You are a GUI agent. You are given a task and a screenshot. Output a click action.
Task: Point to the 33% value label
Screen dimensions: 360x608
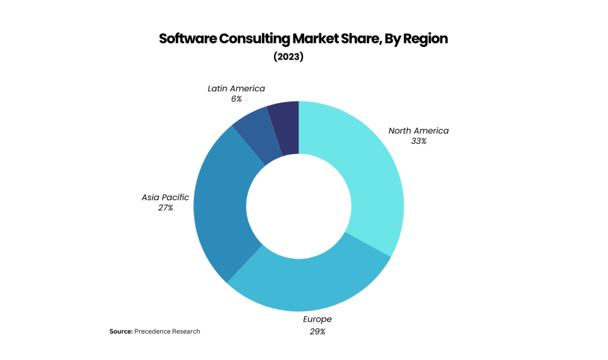[x=419, y=141]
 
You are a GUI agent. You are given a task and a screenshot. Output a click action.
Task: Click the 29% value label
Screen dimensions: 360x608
[x=317, y=331]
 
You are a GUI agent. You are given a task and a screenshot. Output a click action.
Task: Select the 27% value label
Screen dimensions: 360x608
[x=165, y=208]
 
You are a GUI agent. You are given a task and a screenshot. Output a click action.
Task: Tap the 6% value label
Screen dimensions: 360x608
[x=236, y=99]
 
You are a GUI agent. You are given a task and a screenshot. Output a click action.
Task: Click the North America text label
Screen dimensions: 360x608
[x=419, y=131]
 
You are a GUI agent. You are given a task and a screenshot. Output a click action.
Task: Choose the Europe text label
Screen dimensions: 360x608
[x=317, y=319]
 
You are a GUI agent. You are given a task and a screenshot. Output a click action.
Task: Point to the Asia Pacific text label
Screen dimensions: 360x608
[x=165, y=197]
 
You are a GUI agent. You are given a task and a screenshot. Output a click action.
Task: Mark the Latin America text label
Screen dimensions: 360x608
[x=236, y=88]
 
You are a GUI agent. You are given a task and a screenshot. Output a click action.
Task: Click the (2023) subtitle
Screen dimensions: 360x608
[x=288, y=57]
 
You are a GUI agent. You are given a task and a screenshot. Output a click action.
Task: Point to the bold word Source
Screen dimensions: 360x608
[x=121, y=331]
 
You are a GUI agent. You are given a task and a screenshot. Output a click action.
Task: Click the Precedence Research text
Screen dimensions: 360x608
[x=167, y=331]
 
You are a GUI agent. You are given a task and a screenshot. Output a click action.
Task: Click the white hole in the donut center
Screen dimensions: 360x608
[x=299, y=206]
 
